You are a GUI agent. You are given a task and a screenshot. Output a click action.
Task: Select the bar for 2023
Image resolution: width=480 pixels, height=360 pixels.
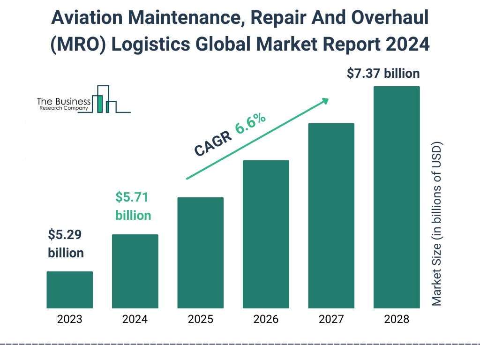pos(69,290)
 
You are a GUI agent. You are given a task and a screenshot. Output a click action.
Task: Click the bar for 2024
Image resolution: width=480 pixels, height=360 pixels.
pos(135,271)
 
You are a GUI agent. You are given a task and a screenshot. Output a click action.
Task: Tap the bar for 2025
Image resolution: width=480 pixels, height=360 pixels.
pos(200,253)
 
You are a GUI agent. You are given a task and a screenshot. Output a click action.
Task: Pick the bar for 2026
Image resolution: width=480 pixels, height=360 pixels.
pos(266,234)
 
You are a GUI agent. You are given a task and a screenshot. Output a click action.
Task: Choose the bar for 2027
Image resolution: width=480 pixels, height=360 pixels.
pos(331,216)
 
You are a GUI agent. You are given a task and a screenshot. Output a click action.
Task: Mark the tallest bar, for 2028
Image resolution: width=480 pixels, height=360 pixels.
pos(397,197)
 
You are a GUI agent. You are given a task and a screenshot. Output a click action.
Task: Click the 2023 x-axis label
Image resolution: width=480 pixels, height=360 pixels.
pos(69,320)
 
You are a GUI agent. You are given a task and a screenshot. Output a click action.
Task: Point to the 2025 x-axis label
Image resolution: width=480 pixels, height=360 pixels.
pos(200,320)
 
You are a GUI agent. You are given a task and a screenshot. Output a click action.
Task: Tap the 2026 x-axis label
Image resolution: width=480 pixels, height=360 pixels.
pos(266,320)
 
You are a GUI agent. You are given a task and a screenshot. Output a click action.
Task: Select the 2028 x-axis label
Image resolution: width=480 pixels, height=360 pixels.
pos(397,320)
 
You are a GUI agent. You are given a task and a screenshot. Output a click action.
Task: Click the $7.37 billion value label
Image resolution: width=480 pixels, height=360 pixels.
pos(383,74)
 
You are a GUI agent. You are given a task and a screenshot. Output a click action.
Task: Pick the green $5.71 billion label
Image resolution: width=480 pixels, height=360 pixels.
pos(133,206)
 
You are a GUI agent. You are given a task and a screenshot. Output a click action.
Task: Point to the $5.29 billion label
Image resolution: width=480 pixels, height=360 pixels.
pos(66,244)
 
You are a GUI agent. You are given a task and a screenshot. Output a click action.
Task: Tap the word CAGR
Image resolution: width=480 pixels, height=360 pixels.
pos(213,143)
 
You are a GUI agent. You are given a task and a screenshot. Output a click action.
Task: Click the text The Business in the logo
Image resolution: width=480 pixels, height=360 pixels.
pos(64,101)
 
